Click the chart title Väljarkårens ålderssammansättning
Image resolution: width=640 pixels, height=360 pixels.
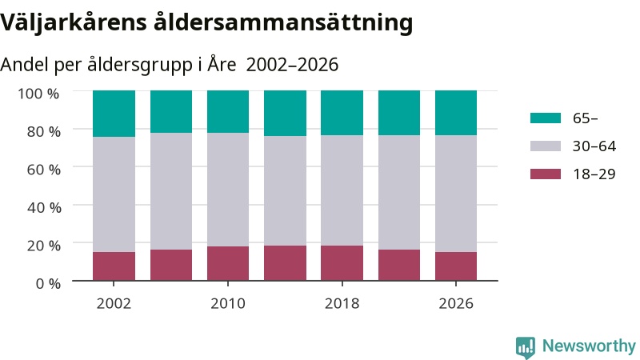206,23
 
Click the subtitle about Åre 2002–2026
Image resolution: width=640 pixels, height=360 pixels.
169,65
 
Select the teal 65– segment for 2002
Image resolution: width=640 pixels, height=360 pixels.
114,114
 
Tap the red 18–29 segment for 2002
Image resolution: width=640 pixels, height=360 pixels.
114,266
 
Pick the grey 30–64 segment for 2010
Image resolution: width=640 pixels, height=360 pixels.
228,190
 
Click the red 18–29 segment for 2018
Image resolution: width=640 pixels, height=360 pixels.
342,263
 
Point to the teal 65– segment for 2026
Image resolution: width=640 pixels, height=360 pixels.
456,113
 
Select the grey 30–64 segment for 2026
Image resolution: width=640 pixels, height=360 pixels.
456,194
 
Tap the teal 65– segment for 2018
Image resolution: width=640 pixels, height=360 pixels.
342,113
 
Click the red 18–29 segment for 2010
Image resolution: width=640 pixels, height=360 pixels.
228,264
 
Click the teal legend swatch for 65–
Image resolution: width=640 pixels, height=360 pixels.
546,118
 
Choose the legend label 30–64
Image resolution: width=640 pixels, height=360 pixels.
594,146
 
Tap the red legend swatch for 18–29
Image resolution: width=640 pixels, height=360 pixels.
546,174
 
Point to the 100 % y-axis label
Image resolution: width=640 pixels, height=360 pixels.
38,94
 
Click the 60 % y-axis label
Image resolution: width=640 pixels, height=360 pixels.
44,170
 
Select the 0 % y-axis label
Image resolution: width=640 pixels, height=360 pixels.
48,283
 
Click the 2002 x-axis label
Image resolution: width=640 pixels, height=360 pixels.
114,303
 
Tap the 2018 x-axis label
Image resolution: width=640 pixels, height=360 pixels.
342,303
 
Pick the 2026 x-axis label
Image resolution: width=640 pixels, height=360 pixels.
456,303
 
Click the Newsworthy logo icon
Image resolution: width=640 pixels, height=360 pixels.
526,347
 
